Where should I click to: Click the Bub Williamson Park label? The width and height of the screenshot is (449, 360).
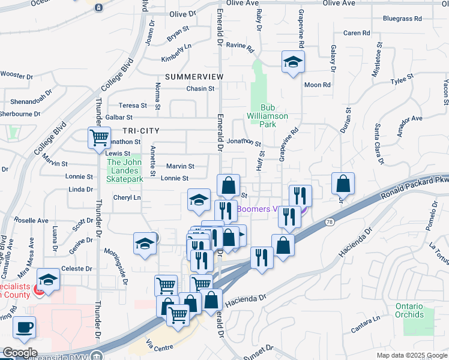point(268,120)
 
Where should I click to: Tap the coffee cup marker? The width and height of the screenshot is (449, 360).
point(24,328)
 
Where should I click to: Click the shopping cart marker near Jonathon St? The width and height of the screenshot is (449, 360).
point(99,137)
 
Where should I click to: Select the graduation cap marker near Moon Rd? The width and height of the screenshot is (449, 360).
point(293,62)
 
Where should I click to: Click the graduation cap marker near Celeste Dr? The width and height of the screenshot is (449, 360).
point(49,280)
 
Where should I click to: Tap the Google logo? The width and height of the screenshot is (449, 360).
point(20,353)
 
